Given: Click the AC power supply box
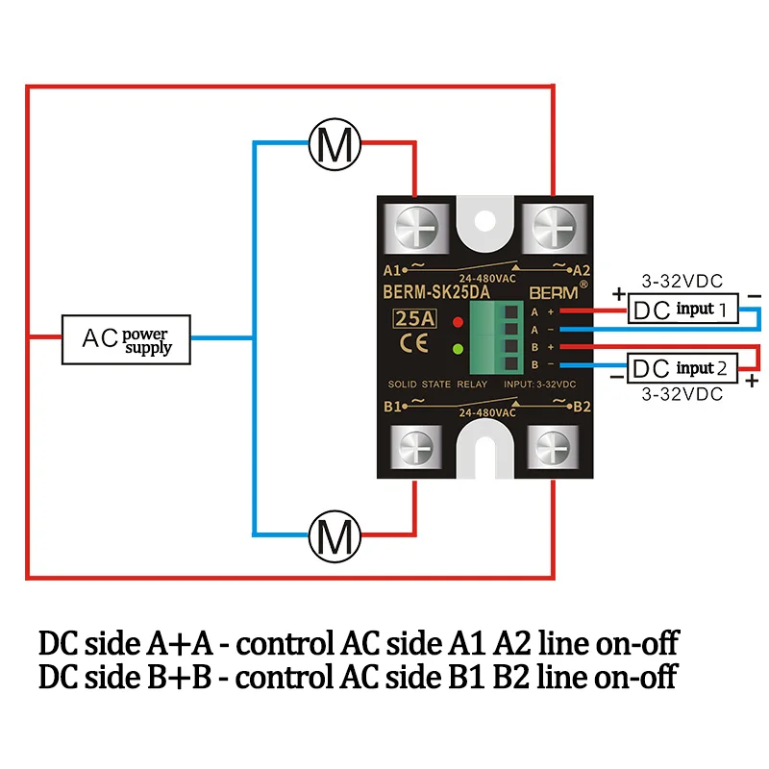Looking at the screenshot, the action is point(126,339).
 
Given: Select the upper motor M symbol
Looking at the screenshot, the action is point(335,144).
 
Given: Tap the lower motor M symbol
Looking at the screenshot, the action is point(335,536).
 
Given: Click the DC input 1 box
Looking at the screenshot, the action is point(682,309).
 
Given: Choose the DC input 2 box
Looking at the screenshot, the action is point(682,368).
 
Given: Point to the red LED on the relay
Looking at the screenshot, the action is point(459,322).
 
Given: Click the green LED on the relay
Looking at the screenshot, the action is point(459,349).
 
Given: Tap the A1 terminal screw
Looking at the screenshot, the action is point(416,228).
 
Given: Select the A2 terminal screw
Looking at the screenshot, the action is point(555,228).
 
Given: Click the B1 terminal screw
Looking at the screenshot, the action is point(416,447).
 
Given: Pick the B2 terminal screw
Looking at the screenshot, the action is point(553,447).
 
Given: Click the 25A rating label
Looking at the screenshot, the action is point(415,319).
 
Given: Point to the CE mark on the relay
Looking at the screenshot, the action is point(414,343).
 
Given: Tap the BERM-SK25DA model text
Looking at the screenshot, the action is point(436,292).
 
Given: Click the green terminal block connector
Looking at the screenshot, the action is point(494,337).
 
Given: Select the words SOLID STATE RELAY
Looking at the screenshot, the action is point(437,384).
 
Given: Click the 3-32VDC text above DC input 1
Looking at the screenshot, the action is point(682,281).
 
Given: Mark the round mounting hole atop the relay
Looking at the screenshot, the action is point(484,221).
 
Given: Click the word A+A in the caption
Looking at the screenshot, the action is point(179,643).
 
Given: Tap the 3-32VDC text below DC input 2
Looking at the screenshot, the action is point(682,394).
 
